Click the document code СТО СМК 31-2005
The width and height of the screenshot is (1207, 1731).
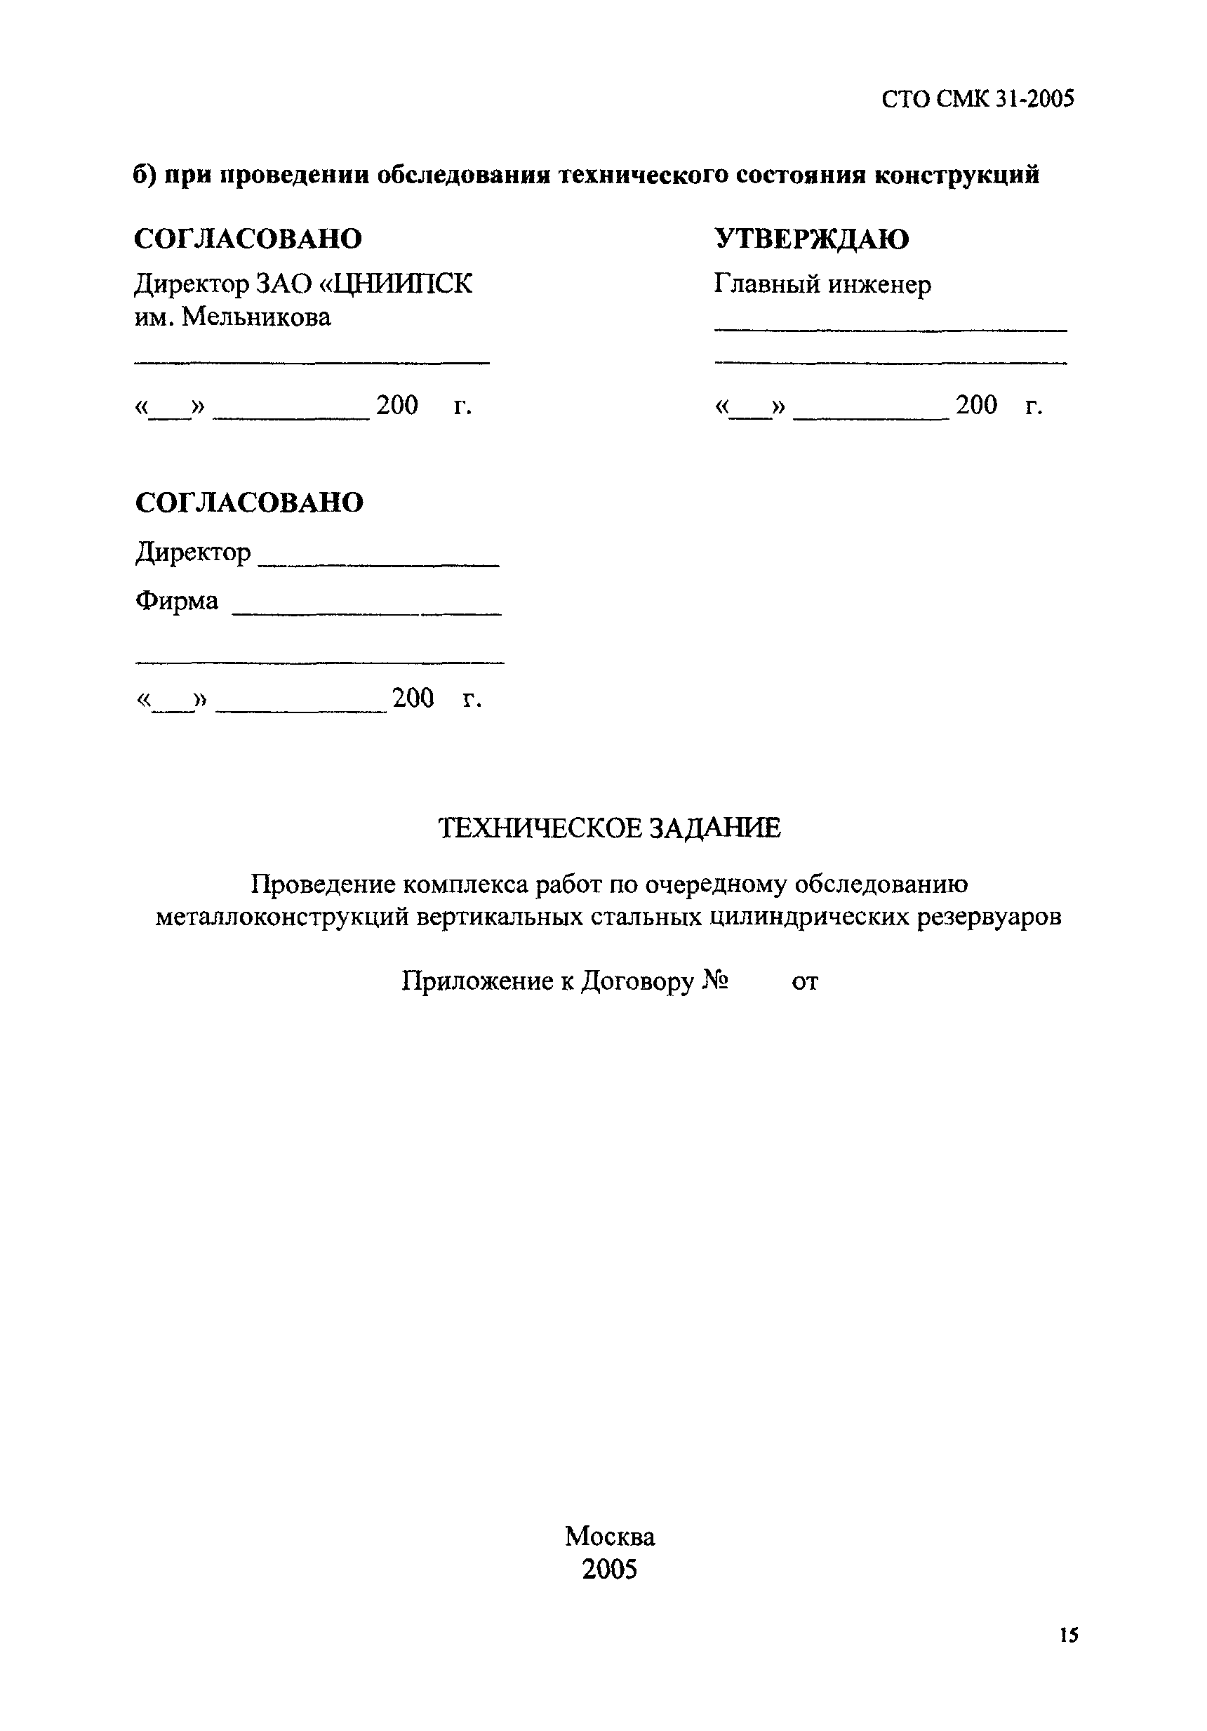pyautogui.click(x=977, y=99)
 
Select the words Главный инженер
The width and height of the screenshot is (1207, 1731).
pyautogui.click(x=822, y=284)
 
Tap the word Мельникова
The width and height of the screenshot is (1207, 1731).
pyautogui.click(x=256, y=317)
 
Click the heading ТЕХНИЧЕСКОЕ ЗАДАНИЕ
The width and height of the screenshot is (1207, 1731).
pyautogui.click(x=609, y=828)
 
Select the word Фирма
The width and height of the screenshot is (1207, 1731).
pyautogui.click(x=176, y=601)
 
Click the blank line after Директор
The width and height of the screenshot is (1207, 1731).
pyautogui.click(x=378, y=564)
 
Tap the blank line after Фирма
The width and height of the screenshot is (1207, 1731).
pyautogui.click(x=366, y=614)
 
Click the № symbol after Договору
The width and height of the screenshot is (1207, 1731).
pyautogui.click(x=714, y=981)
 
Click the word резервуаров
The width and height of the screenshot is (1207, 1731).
pyautogui.click(x=989, y=917)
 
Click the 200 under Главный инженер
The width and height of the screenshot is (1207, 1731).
pyautogui.click(x=975, y=405)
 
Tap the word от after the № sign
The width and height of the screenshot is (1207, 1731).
pyautogui.click(x=804, y=981)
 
